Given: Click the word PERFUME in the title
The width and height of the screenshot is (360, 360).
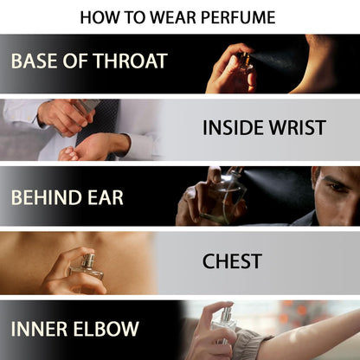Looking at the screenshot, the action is [x=238, y=17].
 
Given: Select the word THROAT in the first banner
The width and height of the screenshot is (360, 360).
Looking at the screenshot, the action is [x=130, y=61].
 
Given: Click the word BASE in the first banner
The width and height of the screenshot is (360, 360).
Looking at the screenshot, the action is [x=35, y=61].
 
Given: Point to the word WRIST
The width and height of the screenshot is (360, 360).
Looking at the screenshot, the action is [x=297, y=127].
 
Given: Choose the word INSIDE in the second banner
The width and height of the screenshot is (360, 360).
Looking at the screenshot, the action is [x=233, y=127].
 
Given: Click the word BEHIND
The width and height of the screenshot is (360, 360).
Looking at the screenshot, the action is [x=47, y=197].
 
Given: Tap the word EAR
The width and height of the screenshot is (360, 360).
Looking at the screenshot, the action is [x=106, y=197].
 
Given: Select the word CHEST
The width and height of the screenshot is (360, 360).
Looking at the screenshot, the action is [x=232, y=261].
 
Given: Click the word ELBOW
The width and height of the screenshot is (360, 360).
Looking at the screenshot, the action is [x=106, y=329].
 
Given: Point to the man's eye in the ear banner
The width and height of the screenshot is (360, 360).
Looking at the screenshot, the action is [x=336, y=185].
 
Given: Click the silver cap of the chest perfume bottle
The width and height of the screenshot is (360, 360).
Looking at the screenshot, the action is [x=87, y=260].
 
